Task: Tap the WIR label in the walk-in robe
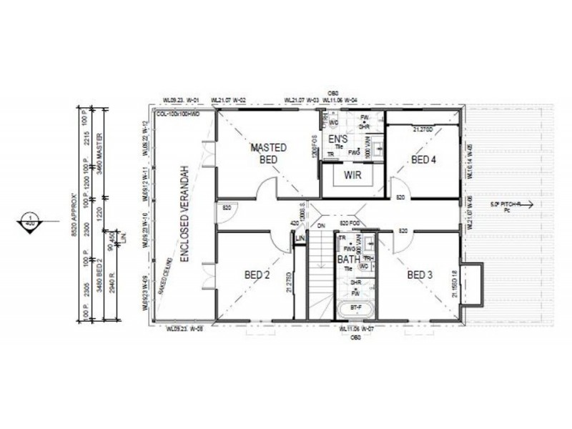(350, 174)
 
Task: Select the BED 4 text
(423, 159)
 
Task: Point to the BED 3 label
(420, 274)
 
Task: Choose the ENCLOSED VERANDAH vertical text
(184, 214)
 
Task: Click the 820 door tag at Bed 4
(400, 197)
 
